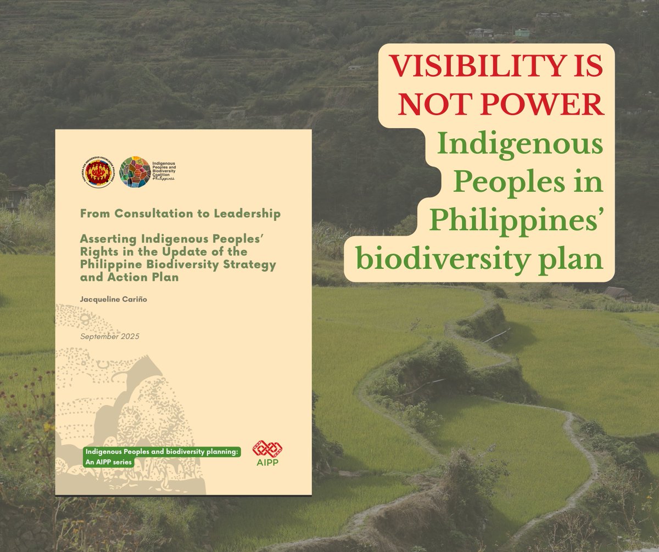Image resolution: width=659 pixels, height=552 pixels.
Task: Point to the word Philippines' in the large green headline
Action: (516, 222)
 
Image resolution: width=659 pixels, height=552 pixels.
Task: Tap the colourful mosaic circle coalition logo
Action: (135, 172)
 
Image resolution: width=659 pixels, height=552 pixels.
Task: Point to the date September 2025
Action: (110, 336)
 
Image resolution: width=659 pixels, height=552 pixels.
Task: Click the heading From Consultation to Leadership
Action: (180, 214)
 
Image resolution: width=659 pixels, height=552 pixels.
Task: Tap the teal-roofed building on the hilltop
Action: (522, 32)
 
